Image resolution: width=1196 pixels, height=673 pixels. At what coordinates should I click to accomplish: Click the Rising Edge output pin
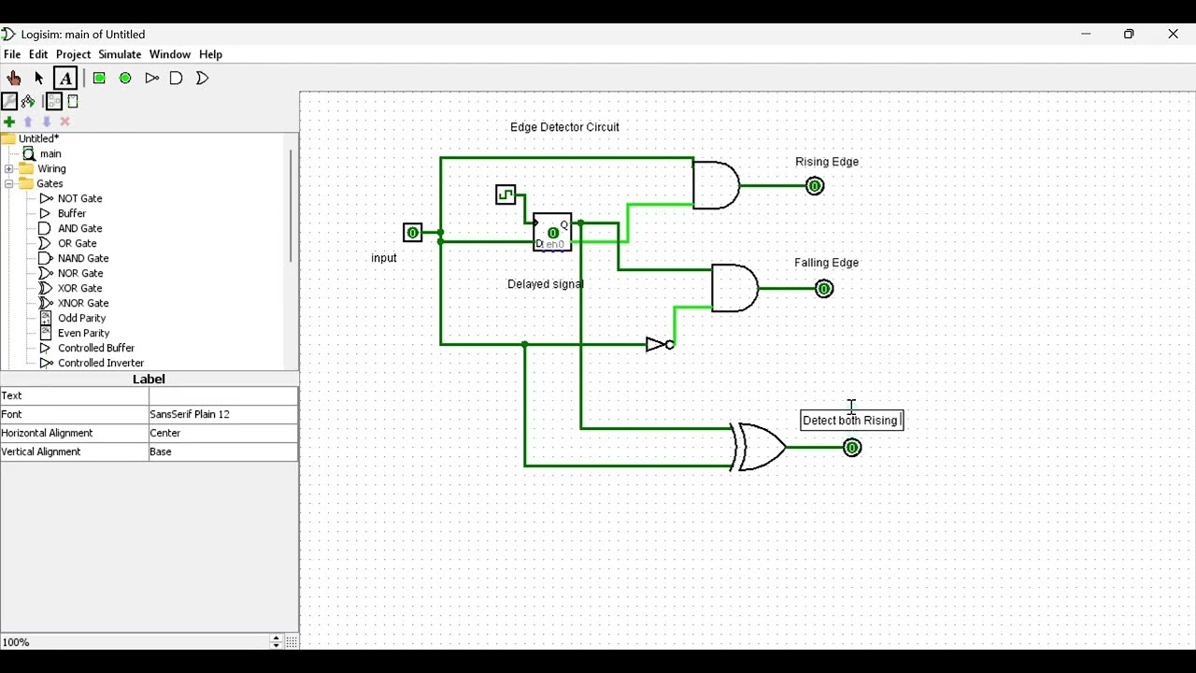[815, 186]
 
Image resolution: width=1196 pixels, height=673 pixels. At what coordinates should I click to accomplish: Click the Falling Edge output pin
[824, 289]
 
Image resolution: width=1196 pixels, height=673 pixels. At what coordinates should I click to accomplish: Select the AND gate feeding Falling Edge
[734, 288]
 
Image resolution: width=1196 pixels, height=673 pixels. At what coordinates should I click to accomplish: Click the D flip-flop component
[552, 232]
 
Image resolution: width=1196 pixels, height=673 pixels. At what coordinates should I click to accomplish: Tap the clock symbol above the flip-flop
[505, 194]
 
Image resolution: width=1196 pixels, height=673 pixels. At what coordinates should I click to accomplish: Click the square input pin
[412, 233]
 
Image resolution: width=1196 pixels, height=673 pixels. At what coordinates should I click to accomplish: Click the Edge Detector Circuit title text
[564, 127]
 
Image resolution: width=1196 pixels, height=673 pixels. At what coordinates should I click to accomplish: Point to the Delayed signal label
[546, 284]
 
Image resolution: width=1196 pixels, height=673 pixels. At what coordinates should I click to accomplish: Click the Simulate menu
[120, 54]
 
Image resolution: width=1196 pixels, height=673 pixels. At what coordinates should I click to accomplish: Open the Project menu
[73, 54]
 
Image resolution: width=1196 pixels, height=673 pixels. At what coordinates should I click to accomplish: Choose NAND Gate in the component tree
[83, 258]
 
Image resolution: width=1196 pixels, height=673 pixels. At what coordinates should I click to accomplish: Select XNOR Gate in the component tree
[83, 303]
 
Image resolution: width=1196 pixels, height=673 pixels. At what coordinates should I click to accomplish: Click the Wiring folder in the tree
[51, 169]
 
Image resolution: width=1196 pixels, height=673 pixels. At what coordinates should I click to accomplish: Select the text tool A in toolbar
[65, 79]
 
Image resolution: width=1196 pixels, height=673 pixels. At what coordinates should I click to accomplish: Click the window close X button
[1174, 35]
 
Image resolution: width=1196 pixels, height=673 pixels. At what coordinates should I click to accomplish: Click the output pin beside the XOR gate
[852, 448]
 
